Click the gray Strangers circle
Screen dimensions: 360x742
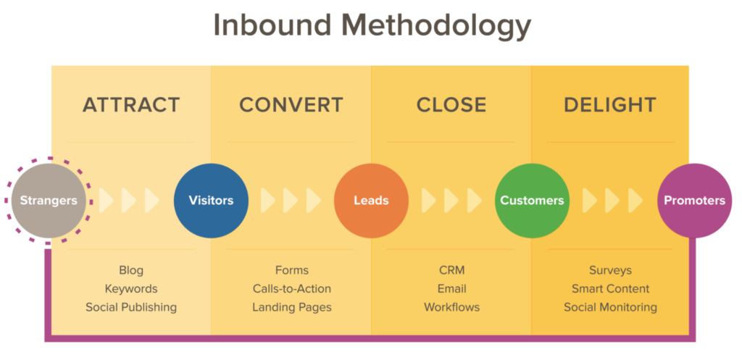pos(49,200)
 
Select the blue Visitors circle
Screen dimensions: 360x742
pos(211,200)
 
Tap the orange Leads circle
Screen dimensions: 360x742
pos(371,200)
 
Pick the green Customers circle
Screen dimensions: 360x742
pos(531,200)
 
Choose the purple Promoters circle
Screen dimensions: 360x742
pos(693,200)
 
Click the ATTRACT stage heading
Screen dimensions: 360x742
pos(131,105)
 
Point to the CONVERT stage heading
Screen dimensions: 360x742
pos(291,105)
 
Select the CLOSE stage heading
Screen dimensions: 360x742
pos(451,105)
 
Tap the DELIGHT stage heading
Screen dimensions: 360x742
pos(610,105)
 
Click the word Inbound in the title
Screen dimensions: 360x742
pos(271,26)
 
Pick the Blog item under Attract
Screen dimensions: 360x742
pos(131,270)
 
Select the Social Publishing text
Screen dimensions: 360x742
pos(131,307)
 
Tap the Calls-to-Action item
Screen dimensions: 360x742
pos(291,288)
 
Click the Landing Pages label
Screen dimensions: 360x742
pos(291,307)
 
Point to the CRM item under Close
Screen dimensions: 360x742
pos(451,270)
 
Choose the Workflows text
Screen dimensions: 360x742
pos(451,307)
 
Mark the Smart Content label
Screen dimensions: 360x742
pos(610,288)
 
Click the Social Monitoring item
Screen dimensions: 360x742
pos(610,307)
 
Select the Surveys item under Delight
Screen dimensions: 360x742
pos(610,270)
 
